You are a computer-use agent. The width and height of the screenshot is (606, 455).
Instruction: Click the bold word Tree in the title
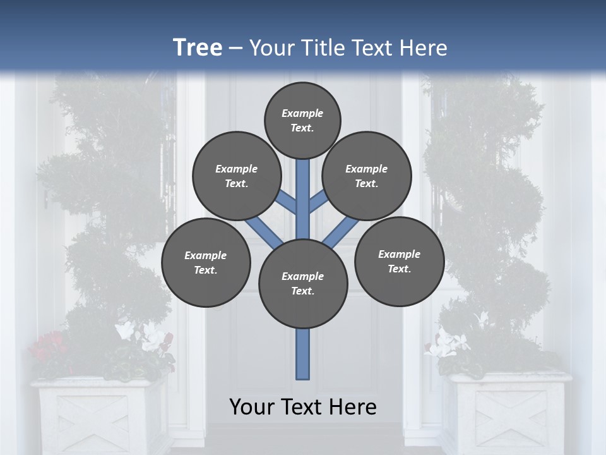click(198, 48)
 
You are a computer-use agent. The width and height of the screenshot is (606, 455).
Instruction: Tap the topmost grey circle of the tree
click(302, 120)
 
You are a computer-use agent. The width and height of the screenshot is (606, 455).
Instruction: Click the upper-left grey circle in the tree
click(237, 176)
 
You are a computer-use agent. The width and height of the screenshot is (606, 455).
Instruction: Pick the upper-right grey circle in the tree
click(367, 176)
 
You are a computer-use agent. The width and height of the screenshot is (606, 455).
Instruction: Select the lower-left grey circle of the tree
click(206, 262)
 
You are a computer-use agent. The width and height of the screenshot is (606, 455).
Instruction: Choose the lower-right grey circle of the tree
click(399, 261)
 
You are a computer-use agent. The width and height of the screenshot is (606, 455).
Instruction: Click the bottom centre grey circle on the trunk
click(303, 283)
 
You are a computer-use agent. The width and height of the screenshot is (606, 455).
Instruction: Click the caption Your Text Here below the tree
click(303, 407)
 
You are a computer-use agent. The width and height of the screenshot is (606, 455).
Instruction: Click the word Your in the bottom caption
click(251, 407)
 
